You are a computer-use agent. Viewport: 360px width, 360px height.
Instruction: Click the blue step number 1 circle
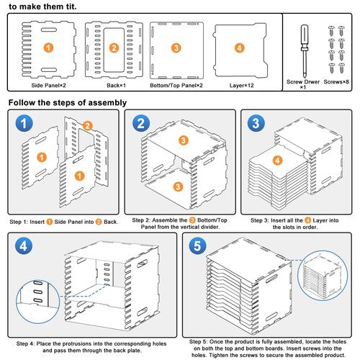click(x=24, y=123)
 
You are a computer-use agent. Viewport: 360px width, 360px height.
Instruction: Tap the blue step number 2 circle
click(x=141, y=123)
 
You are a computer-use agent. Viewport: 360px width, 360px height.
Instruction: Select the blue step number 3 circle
click(x=256, y=123)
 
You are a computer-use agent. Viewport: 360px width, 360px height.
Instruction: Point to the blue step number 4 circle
click(x=24, y=246)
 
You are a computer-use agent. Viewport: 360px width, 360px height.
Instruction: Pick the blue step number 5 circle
click(x=197, y=246)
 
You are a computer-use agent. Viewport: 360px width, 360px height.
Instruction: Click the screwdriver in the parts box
click(x=305, y=51)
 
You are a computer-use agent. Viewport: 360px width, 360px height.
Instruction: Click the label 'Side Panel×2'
click(x=48, y=86)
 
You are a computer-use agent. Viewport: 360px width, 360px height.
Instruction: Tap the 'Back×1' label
click(x=116, y=86)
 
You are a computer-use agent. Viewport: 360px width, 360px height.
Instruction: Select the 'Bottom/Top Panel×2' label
click(x=176, y=86)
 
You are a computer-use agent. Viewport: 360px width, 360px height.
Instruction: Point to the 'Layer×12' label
click(x=241, y=86)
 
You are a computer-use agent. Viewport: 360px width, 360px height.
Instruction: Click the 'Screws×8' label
click(x=336, y=82)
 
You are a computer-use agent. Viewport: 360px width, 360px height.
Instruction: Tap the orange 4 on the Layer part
click(x=239, y=48)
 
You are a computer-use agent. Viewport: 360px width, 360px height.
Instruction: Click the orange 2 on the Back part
click(x=114, y=48)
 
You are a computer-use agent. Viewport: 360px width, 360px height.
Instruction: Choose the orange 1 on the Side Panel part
click(x=48, y=48)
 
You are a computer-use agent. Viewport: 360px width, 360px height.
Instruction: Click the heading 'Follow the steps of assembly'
click(x=68, y=103)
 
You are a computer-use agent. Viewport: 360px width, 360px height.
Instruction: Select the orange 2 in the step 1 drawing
click(x=88, y=126)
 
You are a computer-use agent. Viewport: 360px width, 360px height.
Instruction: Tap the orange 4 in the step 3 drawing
click(x=278, y=161)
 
